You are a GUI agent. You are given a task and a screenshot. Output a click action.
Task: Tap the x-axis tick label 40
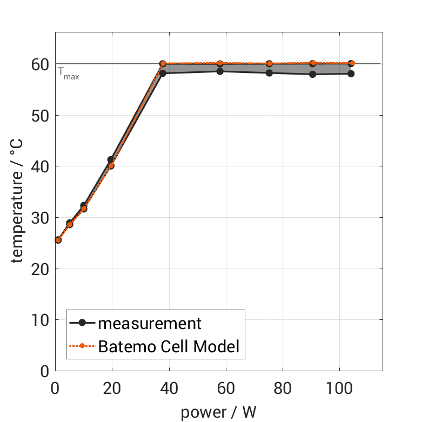(x=169, y=388)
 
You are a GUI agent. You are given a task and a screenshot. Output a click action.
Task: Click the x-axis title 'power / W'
(x=218, y=412)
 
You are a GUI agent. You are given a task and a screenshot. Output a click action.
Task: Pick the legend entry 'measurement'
(x=149, y=324)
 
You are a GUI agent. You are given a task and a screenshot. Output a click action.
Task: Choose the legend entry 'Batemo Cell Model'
(x=169, y=346)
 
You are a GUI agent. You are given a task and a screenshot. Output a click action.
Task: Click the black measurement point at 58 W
(x=220, y=71)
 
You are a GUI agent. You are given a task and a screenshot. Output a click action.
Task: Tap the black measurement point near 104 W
(x=351, y=73)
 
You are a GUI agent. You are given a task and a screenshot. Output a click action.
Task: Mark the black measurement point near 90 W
(x=312, y=74)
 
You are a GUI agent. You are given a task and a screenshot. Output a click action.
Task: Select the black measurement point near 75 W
(x=269, y=72)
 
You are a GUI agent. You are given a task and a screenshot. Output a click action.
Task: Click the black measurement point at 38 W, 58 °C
(x=163, y=73)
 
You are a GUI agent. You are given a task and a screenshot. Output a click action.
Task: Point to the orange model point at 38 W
(x=163, y=64)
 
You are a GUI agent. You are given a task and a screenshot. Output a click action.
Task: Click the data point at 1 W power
(x=58, y=240)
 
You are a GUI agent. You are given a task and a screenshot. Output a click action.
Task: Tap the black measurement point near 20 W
(x=111, y=159)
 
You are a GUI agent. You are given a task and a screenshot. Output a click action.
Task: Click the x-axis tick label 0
(x=55, y=388)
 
